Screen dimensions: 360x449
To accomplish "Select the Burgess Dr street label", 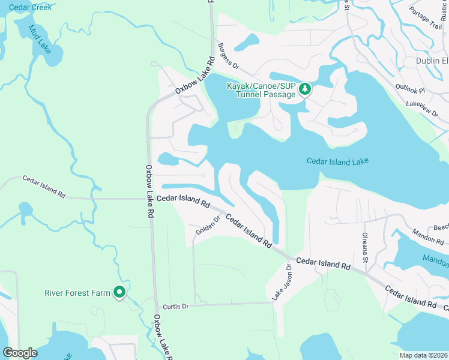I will coord(229,55).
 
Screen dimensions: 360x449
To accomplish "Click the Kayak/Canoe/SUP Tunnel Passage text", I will coord(262,90).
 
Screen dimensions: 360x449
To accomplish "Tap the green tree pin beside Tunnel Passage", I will coord(305,89).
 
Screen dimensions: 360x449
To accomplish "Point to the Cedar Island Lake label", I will coord(337,161).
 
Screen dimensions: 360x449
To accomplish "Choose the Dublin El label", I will coord(432,61).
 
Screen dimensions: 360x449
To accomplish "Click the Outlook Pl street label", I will coord(410,88).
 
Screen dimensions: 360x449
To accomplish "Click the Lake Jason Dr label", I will coord(282,282).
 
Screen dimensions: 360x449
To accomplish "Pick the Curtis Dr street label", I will coord(177,306).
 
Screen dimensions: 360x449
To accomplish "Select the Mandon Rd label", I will coord(429,236).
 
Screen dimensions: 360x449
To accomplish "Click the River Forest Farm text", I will coord(77,293).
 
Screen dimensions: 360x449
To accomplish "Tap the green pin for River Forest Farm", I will coord(119,292).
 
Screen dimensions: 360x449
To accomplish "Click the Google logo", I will coord(20,353).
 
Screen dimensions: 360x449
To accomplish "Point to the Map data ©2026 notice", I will coord(424,355).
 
